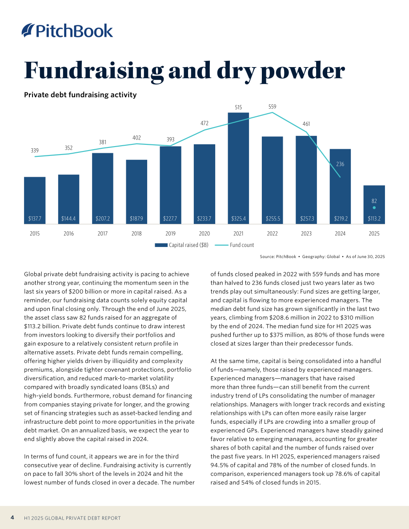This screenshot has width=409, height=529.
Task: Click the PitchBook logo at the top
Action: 67,30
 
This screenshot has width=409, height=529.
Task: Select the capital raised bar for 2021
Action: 238,168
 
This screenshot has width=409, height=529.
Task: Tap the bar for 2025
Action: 374,204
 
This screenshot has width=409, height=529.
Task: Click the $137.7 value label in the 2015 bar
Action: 35,219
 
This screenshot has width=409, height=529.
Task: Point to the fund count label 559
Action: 272,107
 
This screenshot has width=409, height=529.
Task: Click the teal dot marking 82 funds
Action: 374,208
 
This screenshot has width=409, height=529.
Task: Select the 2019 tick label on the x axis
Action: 171,234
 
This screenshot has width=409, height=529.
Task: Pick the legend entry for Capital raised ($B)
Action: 182,245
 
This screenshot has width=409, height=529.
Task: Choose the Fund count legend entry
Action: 234,245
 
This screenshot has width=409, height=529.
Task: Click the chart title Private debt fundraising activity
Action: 80,95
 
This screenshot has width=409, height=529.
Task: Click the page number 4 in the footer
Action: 12,517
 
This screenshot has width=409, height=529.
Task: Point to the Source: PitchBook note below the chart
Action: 278,257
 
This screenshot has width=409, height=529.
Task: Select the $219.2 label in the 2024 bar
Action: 341,219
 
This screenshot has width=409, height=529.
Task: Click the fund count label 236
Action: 340,164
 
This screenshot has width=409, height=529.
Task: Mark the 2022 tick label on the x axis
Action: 272,234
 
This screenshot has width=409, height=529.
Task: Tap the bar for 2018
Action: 136,192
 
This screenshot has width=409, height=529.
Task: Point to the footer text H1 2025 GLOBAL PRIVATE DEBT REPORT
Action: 72,518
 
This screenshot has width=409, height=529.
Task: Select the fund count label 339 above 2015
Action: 35,151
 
